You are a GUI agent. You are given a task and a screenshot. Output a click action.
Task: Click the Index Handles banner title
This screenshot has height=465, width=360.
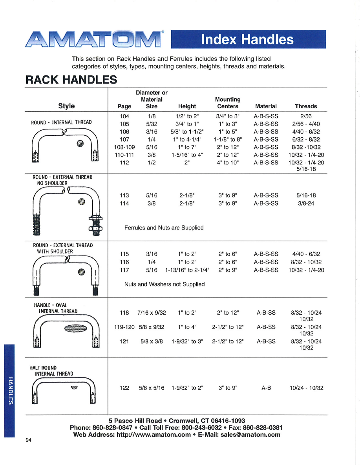(x=247, y=39)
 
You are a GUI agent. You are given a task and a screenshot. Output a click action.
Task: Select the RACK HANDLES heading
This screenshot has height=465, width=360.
(x=71, y=80)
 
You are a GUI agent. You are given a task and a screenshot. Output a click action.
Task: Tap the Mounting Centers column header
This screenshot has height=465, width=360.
(x=228, y=103)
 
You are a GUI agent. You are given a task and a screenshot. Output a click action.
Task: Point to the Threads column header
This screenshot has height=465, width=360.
(x=306, y=106)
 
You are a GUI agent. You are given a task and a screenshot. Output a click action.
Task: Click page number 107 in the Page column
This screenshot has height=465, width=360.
(x=124, y=139)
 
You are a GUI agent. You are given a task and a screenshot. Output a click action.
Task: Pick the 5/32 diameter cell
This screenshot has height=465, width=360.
(x=152, y=124)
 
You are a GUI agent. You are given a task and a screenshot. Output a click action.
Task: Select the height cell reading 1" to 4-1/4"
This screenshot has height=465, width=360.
(x=187, y=139)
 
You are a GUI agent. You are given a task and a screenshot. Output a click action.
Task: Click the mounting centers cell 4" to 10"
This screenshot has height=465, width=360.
(x=228, y=162)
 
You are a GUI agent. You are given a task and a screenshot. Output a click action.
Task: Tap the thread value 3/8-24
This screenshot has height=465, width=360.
(x=306, y=203)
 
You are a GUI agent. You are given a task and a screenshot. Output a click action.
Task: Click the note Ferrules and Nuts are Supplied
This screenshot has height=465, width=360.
(x=164, y=228)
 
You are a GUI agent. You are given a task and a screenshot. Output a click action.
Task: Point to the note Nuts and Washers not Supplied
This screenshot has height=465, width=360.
(x=164, y=284)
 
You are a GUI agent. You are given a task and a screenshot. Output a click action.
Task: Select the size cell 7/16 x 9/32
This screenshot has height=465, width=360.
(x=152, y=313)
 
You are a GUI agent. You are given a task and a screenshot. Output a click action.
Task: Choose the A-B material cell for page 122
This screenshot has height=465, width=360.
(x=266, y=388)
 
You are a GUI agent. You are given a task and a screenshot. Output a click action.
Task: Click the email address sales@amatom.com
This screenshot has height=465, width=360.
(x=250, y=434)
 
